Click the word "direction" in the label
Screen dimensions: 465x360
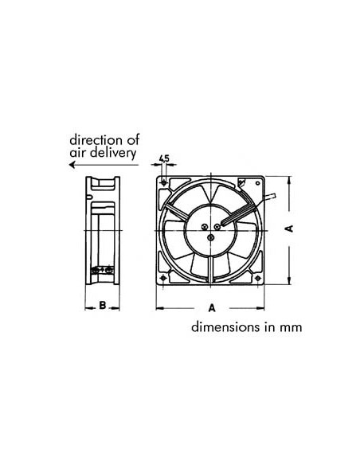click(94, 138)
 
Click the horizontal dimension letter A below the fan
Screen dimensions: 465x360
click(213, 307)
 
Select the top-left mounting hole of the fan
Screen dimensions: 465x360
click(165, 184)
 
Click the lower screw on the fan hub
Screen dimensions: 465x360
click(209, 236)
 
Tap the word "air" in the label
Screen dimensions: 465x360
click(77, 151)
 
